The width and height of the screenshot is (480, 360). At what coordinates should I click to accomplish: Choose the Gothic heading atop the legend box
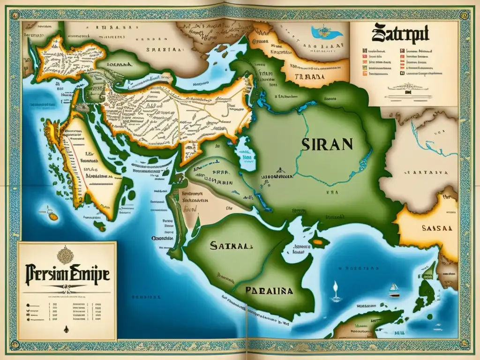click(x=402, y=36)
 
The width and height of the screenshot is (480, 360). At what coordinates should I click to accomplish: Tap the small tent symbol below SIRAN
click(x=278, y=172)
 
